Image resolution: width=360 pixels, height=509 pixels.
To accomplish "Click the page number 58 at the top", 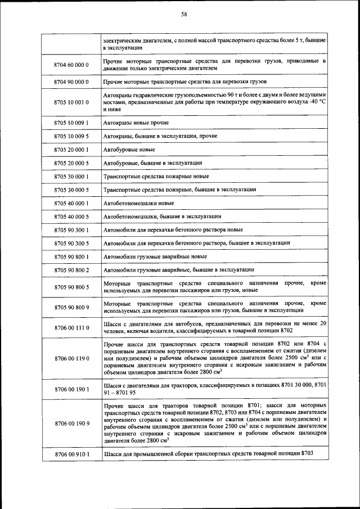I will click(184, 15).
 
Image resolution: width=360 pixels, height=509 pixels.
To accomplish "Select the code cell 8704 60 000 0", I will click(71, 65).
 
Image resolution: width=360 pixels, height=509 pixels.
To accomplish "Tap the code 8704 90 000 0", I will click(71, 82).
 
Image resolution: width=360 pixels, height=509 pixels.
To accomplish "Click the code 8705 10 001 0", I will click(71, 102).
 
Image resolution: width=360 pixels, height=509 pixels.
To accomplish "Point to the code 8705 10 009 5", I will click(71, 136).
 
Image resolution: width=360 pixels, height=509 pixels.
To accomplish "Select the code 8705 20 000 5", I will click(71, 163).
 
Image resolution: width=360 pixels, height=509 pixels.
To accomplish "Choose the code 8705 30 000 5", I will click(71, 190).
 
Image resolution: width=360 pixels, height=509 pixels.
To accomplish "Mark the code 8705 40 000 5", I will click(71, 217).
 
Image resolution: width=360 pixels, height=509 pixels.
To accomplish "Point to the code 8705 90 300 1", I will click(71, 230).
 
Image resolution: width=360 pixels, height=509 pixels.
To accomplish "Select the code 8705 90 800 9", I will click(71, 307).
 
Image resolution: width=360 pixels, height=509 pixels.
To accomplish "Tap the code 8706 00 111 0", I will click(71, 327).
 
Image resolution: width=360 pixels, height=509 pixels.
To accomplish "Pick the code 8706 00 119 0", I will click(71, 358).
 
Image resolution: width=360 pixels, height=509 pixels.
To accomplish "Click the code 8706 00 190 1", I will click(71, 389).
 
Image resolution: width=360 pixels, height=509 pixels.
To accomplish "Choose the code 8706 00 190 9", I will click(71, 423).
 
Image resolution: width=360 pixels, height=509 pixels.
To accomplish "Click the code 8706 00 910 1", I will click(71, 453).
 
